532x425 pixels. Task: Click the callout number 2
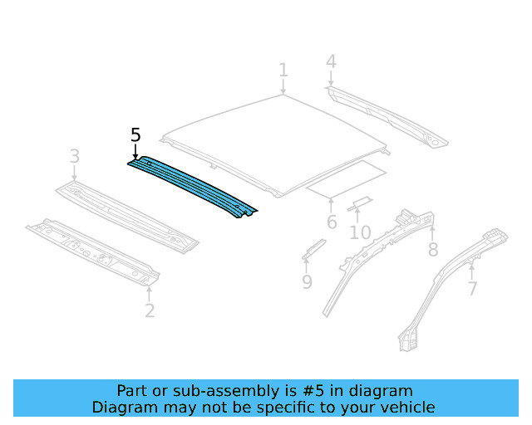click(x=150, y=311)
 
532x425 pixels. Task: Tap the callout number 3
click(x=74, y=156)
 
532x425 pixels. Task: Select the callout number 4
click(x=331, y=61)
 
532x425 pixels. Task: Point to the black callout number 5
click(x=136, y=135)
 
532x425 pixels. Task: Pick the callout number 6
click(x=332, y=222)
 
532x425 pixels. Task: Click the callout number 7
click(x=472, y=289)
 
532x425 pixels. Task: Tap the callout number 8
click(x=432, y=250)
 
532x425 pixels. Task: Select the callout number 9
click(x=307, y=283)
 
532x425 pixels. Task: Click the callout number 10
click(x=360, y=232)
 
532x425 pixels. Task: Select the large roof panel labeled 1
click(x=274, y=141)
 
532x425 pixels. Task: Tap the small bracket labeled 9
click(x=313, y=249)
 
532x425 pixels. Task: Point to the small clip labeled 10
click(x=360, y=204)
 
